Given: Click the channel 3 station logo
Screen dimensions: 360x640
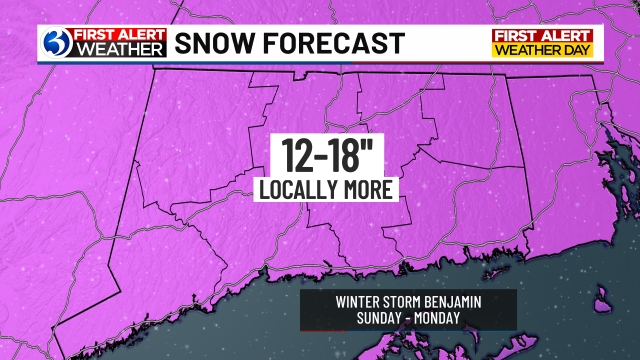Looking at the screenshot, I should [57, 42].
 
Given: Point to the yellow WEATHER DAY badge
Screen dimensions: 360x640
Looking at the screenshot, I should [544, 50].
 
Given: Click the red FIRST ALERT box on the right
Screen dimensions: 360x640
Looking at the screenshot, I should [544, 35].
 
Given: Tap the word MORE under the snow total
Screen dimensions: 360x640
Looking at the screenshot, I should [369, 188].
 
